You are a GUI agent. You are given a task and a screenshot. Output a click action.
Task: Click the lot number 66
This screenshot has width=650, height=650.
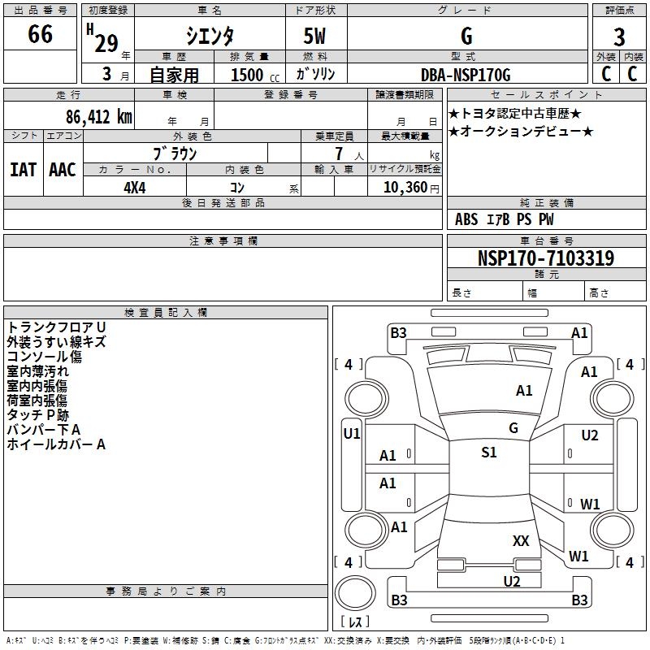[x=40, y=36]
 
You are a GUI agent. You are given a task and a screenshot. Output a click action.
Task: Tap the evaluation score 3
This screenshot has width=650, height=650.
[x=619, y=37]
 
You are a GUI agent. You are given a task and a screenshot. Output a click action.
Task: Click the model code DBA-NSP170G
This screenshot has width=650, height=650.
[x=466, y=75]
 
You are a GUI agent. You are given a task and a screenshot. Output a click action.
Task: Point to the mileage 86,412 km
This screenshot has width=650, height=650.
[x=93, y=117]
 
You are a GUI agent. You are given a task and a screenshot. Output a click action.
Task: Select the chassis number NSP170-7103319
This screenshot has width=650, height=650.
[x=546, y=258]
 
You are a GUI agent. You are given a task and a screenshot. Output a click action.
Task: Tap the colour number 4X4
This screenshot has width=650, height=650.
[x=135, y=188]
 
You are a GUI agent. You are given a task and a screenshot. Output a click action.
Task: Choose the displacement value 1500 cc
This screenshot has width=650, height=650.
[x=247, y=75]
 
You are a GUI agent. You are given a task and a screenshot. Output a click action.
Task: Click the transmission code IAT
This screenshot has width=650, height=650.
[x=23, y=170]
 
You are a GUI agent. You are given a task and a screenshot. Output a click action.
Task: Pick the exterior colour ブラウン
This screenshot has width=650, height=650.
[x=175, y=154]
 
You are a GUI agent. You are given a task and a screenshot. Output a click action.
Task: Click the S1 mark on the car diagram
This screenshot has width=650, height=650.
[x=488, y=453]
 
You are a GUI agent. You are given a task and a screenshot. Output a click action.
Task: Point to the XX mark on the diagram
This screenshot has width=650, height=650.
[x=521, y=540]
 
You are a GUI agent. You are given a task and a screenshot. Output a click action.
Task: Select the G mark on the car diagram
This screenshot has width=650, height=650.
[x=513, y=428]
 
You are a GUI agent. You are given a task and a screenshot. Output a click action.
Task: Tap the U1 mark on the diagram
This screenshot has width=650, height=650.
[x=351, y=434]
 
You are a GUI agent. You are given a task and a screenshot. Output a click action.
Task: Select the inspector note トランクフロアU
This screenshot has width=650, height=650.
[x=57, y=327]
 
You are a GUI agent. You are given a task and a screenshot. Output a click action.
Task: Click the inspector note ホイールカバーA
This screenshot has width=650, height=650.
[x=57, y=444]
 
